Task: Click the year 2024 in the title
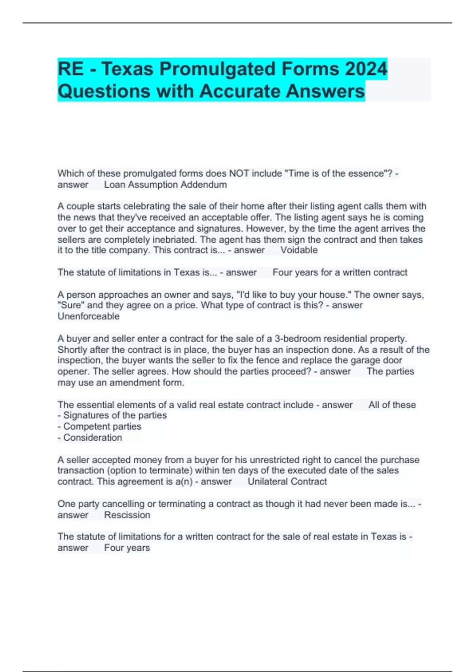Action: (x=366, y=69)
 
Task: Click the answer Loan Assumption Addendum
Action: (x=165, y=185)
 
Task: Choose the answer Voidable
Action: (x=299, y=250)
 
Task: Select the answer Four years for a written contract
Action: (x=340, y=272)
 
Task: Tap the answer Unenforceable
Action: (x=88, y=316)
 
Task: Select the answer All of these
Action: (x=392, y=405)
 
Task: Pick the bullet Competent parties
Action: (x=102, y=427)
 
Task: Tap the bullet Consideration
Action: (x=93, y=438)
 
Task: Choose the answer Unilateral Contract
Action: (x=287, y=481)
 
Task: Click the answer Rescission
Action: (x=127, y=515)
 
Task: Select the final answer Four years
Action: (x=127, y=548)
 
